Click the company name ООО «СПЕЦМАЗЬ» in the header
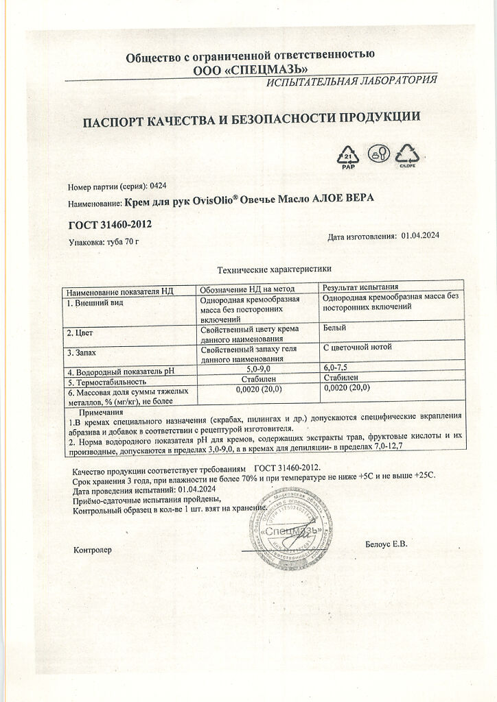[x=251, y=69]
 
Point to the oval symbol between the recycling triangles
[x=378, y=154]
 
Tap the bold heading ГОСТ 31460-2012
[x=110, y=224]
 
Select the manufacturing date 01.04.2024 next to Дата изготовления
[x=420, y=235]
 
